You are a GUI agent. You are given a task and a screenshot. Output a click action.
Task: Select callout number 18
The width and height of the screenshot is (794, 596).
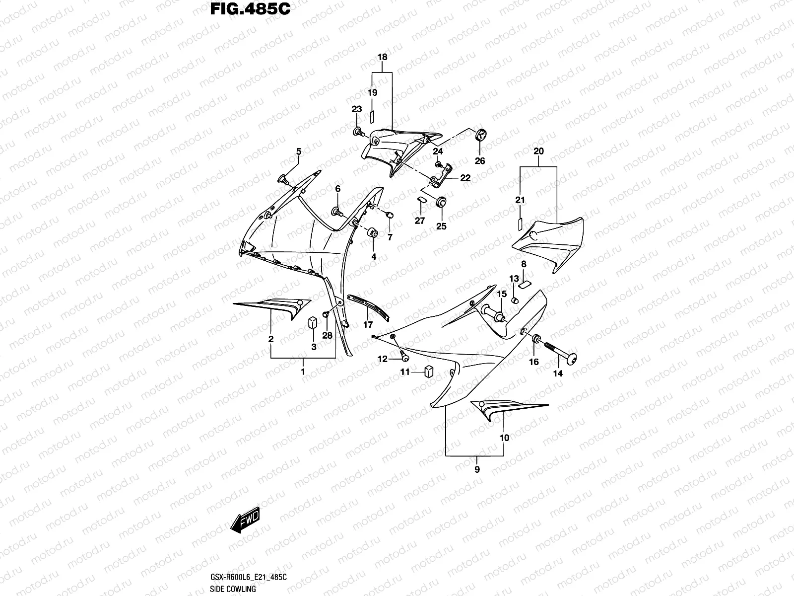click(x=382, y=57)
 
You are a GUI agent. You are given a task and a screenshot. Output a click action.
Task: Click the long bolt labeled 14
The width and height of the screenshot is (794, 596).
click(x=556, y=352)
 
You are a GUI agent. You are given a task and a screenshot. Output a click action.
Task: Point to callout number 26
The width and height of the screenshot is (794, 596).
click(x=480, y=160)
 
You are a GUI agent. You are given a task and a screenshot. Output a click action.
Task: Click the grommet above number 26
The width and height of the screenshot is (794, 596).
click(x=481, y=135)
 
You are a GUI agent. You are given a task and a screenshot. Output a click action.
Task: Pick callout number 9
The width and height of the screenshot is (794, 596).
click(x=477, y=469)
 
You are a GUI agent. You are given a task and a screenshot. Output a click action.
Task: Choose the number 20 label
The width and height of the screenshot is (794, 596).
click(x=538, y=151)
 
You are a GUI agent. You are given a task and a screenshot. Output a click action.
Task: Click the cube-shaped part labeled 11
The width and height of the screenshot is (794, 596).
click(x=429, y=371)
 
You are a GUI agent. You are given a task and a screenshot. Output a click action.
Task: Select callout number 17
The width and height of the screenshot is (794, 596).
click(x=368, y=325)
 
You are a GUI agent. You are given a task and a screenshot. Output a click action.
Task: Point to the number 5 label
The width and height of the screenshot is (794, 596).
click(x=298, y=151)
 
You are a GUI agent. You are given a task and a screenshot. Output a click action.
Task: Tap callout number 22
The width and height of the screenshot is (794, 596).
click(x=465, y=178)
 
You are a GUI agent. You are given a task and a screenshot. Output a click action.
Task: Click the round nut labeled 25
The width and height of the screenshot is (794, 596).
click(x=441, y=202)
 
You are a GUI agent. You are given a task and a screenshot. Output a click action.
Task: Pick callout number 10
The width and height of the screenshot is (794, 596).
click(x=504, y=438)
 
